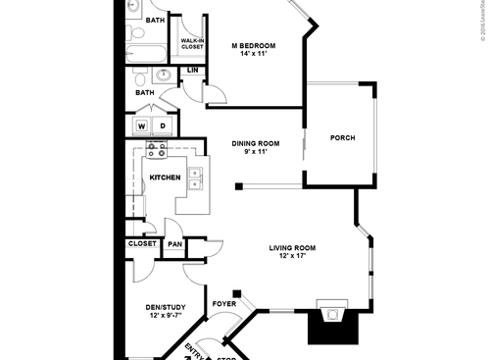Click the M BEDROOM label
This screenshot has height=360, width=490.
253,45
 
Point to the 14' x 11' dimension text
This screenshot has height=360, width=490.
253,54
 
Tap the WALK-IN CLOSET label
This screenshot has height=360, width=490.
192,43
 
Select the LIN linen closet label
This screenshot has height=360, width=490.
193,71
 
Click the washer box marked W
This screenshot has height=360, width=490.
142,126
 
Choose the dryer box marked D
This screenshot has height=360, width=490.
163,126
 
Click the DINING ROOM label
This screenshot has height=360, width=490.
256,143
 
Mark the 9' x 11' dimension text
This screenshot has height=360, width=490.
256,152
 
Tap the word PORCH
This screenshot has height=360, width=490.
342,137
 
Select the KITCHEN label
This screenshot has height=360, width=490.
165,178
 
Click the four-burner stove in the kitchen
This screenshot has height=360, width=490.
156,151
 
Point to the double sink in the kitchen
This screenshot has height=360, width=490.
196,177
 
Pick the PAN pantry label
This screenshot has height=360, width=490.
174,244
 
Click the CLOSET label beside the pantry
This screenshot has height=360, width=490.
142,243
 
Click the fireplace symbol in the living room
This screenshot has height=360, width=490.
332,316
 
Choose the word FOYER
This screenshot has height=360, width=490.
224,304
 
